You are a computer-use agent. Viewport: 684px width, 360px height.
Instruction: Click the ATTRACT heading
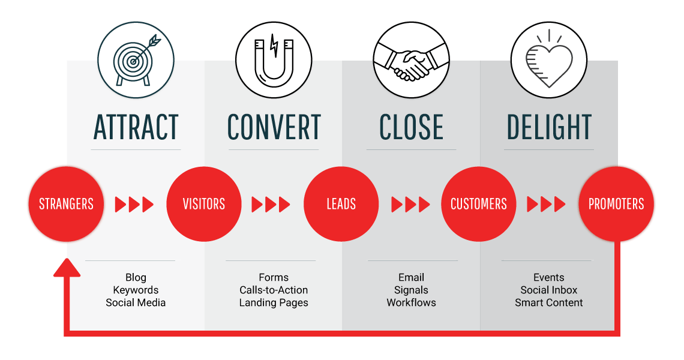click(136, 127)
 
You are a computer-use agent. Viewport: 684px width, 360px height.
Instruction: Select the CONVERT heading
click(274, 127)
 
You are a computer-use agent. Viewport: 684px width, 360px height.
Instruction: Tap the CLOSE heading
click(411, 127)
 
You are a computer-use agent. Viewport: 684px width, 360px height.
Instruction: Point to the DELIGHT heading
click(549, 127)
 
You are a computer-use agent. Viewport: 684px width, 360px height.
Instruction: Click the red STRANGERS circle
click(66, 204)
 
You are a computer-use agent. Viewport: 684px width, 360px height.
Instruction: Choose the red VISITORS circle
click(203, 204)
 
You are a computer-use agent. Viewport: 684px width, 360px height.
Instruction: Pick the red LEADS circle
click(341, 204)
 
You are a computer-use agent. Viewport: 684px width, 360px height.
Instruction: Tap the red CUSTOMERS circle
click(479, 204)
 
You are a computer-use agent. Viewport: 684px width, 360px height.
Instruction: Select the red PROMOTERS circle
click(616, 204)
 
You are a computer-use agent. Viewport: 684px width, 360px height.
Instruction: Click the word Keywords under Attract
click(136, 290)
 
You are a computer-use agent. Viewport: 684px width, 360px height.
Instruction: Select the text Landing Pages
click(274, 302)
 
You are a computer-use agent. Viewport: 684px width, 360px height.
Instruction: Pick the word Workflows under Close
click(411, 302)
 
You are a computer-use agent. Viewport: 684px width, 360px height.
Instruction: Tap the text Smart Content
click(549, 302)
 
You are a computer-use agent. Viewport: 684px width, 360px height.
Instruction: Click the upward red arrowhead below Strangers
click(67, 268)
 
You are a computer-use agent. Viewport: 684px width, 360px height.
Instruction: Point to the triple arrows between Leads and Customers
click(410, 205)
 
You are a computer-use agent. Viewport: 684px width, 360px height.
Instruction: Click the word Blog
click(136, 277)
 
